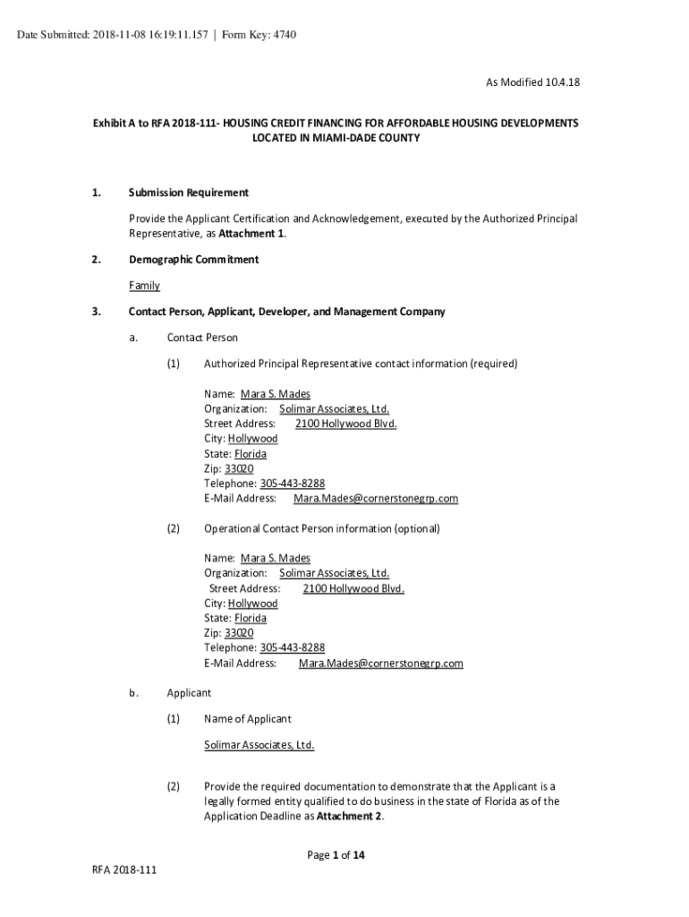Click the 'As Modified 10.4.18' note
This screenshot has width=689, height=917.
pyautogui.click(x=532, y=82)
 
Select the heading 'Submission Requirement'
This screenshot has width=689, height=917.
pyautogui.click(x=189, y=193)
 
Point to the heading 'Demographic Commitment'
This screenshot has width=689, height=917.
pyautogui.click(x=193, y=260)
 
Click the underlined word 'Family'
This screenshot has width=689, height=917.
pyautogui.click(x=144, y=286)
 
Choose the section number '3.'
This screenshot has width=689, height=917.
pyautogui.click(x=95, y=312)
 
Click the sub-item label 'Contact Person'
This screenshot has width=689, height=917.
pyautogui.click(x=202, y=338)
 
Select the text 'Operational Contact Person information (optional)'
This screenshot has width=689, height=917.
pyautogui.click(x=322, y=528)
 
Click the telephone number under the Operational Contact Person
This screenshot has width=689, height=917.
pyautogui.click(x=292, y=647)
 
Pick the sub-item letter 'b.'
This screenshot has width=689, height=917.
pyautogui.click(x=132, y=692)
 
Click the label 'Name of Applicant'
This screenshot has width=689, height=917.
pyautogui.click(x=247, y=718)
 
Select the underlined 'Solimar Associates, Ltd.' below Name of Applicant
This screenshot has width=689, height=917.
pyautogui.click(x=259, y=745)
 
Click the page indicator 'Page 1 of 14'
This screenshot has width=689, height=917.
pyautogui.click(x=336, y=855)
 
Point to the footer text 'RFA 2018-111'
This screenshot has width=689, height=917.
pyautogui.click(x=123, y=870)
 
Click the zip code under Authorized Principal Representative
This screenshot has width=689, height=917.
pyautogui.click(x=240, y=468)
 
